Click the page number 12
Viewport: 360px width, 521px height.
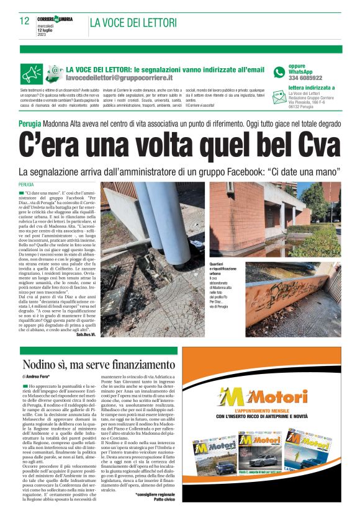pyautogui.click(x=24, y=20)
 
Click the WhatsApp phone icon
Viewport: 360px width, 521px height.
pyautogui.click(x=280, y=72)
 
